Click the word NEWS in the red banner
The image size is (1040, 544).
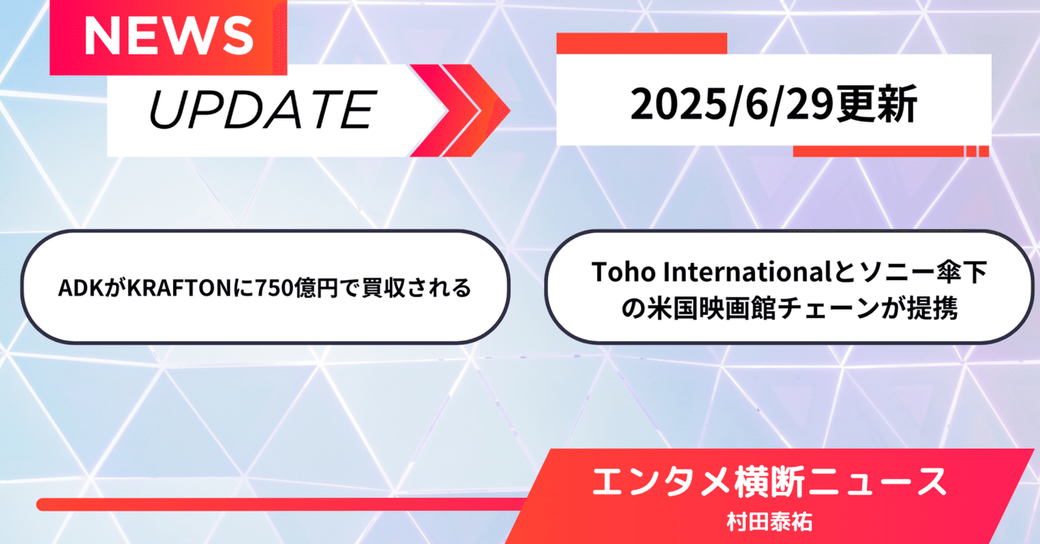pos(168,37)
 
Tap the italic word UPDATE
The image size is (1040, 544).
pos(262,110)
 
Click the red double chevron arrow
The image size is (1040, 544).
pos(460,110)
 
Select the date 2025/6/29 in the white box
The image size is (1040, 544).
pos(733,105)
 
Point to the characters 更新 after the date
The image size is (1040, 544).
pos(877,105)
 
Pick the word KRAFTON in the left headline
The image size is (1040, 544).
pos(180,288)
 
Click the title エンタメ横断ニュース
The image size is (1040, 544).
pos(769,483)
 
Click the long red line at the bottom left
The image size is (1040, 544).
pos(279,504)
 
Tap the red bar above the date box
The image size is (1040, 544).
pos(642,43)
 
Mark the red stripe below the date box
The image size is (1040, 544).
pos(891,151)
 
